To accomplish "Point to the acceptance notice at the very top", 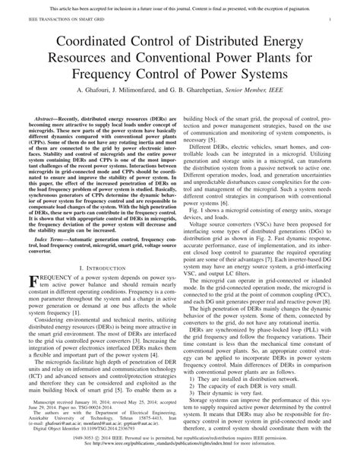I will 180,5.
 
